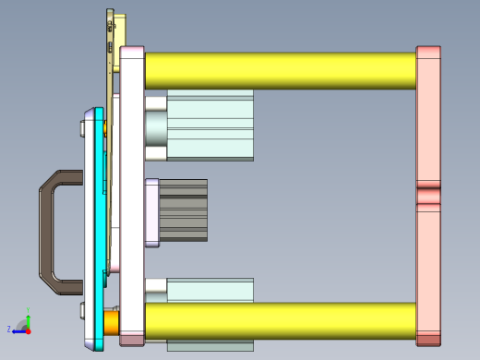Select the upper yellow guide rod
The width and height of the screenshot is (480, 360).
click(277, 70)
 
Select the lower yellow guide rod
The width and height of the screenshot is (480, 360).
click(277, 320)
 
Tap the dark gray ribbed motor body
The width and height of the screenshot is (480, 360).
click(184, 210)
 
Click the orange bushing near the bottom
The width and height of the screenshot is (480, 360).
click(111, 321)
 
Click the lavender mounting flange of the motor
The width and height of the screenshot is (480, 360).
click(151, 210)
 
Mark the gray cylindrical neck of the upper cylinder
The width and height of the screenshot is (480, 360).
click(156, 126)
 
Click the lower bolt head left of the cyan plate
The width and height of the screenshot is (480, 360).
click(83, 308)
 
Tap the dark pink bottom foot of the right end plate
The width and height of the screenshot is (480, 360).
click(428, 339)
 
